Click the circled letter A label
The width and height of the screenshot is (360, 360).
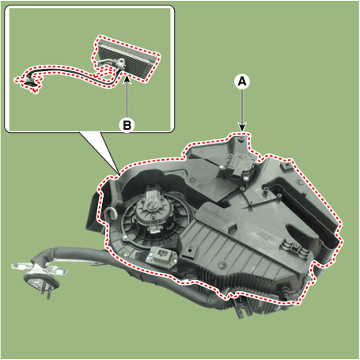point(242,81)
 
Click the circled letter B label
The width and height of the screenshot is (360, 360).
point(127,125)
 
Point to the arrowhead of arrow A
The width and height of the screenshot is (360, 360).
point(242,127)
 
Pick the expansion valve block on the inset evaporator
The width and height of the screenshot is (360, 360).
point(121,63)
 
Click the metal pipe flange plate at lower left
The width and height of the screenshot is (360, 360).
point(40,271)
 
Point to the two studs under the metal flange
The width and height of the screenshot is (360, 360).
point(45,294)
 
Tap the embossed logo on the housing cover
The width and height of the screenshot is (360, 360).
point(267,235)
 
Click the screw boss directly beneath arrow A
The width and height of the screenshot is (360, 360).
point(241,138)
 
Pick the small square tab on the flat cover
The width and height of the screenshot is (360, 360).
point(232,227)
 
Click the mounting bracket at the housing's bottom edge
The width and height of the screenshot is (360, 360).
point(241,306)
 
